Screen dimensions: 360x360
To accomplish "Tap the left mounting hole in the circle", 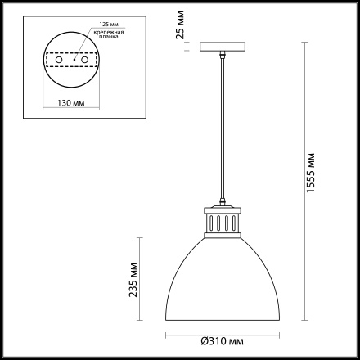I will point(59,60).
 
